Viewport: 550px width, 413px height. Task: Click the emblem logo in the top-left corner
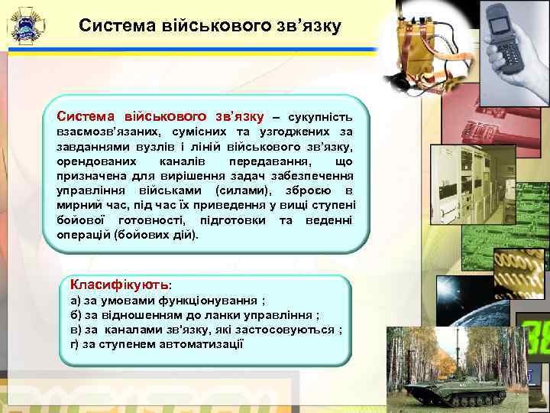coord(26,27)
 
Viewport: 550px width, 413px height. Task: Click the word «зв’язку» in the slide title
coord(302,27)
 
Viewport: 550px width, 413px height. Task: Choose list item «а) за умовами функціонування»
coord(167,301)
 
